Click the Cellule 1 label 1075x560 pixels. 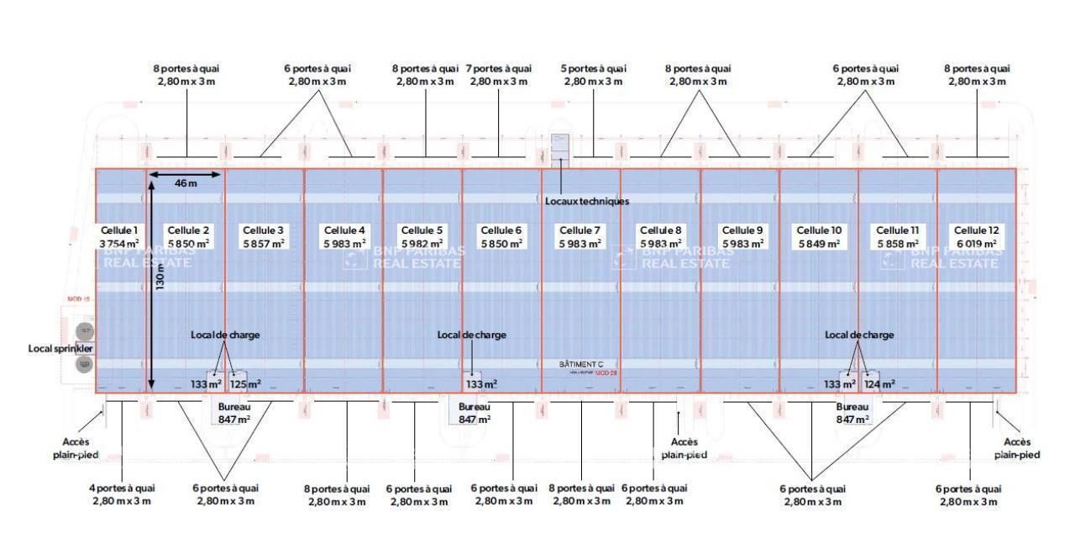pyautogui.click(x=119, y=230)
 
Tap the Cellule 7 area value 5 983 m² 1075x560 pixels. pyautogui.click(x=579, y=244)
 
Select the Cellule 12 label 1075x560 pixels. pyautogui.click(x=976, y=230)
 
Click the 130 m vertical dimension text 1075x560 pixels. pyautogui.click(x=160, y=275)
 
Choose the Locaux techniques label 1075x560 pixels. pyautogui.click(x=586, y=202)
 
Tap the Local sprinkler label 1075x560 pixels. pyautogui.click(x=60, y=348)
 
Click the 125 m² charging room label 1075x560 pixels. pyautogui.click(x=245, y=384)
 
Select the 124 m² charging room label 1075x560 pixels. pyautogui.click(x=878, y=384)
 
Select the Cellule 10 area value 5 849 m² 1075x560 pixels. pyautogui.click(x=818, y=244)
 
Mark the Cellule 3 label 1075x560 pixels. pyautogui.click(x=262, y=230)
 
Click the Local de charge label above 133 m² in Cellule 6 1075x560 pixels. pyautogui.click(x=471, y=335)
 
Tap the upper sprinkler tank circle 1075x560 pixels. pyautogui.click(x=84, y=330)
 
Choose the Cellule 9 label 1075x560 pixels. pyautogui.click(x=742, y=230)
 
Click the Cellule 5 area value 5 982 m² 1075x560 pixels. pyautogui.click(x=422, y=244)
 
